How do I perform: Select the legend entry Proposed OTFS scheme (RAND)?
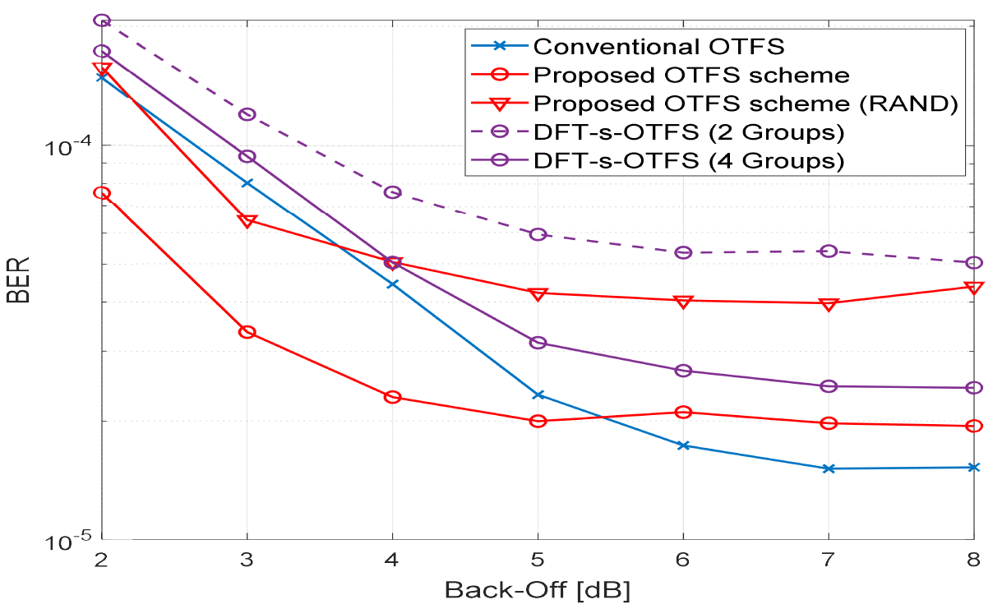746,104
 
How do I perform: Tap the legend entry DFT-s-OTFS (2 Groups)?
689,131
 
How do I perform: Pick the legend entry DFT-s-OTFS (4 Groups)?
689,160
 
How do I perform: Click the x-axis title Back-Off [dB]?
538,590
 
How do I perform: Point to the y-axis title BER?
20,280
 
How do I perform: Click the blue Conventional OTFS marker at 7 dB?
829,468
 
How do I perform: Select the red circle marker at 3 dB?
247,332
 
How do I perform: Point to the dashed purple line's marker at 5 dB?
538,234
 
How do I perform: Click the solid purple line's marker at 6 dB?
683,371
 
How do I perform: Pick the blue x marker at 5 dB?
538,395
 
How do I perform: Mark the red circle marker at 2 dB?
102,193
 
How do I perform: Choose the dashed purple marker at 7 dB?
829,251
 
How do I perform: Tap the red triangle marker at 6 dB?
683,302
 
